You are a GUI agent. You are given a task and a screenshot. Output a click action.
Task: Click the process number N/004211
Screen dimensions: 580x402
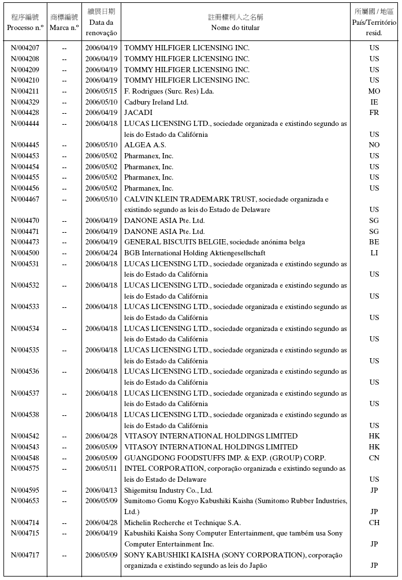(25, 91)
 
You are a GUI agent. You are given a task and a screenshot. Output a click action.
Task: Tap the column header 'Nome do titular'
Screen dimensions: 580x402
(235, 28)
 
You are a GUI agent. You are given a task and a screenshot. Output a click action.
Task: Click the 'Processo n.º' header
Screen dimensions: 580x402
(25, 28)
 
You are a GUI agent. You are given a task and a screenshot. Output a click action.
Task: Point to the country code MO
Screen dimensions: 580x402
(374, 91)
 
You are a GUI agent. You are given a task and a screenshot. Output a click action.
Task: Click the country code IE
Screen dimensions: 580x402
(374, 102)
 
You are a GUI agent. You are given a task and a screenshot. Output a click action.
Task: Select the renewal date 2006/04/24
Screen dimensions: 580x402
(101, 253)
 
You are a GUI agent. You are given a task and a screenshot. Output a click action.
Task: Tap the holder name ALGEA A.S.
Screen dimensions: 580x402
(145, 145)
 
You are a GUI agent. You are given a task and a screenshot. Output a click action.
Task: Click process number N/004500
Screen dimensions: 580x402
(25, 253)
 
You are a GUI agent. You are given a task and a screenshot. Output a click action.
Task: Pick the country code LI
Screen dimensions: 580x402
(374, 253)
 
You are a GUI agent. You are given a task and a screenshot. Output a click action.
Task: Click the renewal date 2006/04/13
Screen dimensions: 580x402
(101, 490)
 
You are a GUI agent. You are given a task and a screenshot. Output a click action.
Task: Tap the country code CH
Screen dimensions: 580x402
(374, 522)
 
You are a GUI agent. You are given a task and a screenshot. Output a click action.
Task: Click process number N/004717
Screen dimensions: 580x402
(25, 555)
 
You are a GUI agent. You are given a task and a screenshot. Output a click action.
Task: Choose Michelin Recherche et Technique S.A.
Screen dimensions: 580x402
(183, 522)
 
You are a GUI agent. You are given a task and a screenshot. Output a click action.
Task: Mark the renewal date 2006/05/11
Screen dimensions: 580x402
(101, 469)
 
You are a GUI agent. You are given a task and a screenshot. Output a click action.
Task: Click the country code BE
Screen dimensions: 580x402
(374, 242)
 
